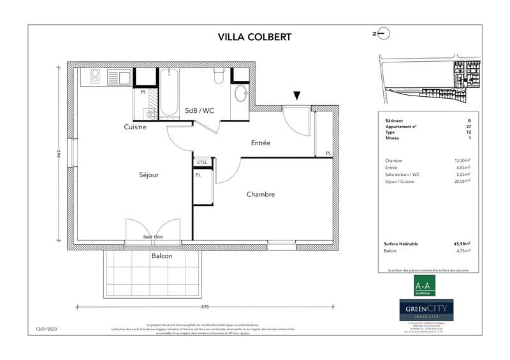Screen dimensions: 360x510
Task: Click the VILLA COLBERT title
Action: (254, 36)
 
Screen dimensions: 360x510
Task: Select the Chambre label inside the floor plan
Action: (261, 194)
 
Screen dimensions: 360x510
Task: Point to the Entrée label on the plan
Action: (260, 143)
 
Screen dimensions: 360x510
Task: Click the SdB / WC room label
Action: (200, 110)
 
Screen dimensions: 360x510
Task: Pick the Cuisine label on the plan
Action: (135, 127)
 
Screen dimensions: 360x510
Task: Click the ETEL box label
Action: (202, 162)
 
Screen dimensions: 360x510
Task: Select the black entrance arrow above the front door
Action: (296, 96)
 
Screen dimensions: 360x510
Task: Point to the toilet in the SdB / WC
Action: (219, 76)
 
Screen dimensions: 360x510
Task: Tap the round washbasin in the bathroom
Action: (241, 94)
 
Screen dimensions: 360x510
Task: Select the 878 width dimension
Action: (205, 306)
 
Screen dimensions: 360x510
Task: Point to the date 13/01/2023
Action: (48, 329)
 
